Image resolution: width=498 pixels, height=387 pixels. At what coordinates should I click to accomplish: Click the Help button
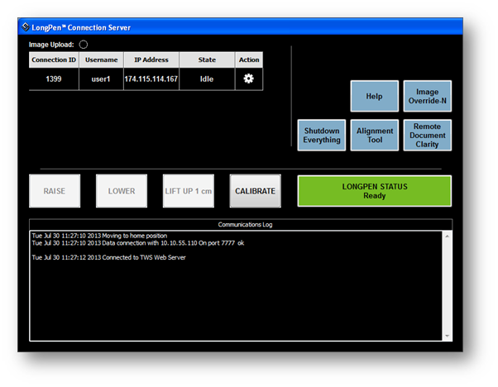[x=375, y=96]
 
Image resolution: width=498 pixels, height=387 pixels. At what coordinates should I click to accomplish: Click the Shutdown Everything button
[x=322, y=136]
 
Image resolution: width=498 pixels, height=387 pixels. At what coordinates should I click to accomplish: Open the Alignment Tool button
[x=375, y=136]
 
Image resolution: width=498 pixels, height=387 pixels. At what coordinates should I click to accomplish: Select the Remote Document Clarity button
[x=427, y=136]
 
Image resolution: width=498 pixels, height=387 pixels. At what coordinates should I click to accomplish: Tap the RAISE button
[x=55, y=191]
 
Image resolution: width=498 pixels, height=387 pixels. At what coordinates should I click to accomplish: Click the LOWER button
[x=122, y=191]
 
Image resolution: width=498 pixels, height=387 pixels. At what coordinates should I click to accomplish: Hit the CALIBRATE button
[x=256, y=191]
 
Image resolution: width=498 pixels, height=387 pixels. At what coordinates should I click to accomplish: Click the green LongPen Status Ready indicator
[x=375, y=191]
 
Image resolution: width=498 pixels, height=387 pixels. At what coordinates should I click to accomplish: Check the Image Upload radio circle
[x=84, y=45]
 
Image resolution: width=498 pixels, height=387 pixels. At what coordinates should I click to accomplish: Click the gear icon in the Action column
[x=249, y=79]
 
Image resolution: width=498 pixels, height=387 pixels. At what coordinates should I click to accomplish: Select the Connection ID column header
[x=54, y=60]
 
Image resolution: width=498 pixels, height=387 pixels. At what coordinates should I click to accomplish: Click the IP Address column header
[x=151, y=60]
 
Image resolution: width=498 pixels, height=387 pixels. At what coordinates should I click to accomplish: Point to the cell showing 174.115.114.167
[x=151, y=79]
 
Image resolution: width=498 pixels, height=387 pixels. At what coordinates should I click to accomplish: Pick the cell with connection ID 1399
[x=54, y=79]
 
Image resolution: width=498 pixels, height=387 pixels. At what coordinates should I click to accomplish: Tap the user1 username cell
[x=101, y=79]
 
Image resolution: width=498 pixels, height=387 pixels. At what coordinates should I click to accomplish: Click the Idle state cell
[x=207, y=79]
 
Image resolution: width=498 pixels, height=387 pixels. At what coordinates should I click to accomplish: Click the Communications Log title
[x=245, y=225]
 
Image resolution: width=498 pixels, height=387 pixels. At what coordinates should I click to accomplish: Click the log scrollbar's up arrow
[x=448, y=236]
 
